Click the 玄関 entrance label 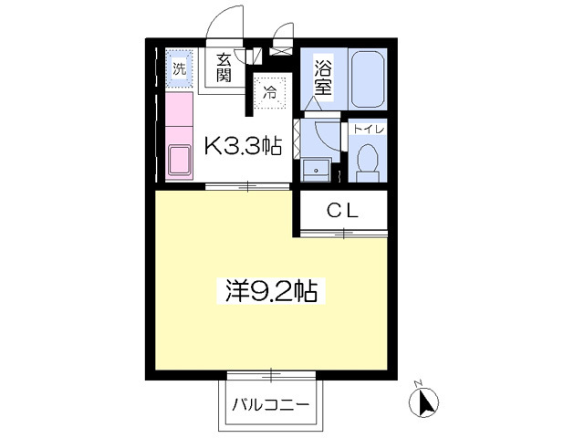(224, 68)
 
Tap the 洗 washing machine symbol (179, 68)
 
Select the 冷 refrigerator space (270, 92)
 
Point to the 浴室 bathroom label (322, 78)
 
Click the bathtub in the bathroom (368, 78)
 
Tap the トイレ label (368, 130)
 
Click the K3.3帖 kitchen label (243, 146)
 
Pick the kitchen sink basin (180, 161)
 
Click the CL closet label (342, 211)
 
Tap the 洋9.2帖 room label (271, 291)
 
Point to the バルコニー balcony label (271, 404)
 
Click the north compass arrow (423, 402)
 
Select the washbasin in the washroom (317, 170)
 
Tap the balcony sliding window (271, 375)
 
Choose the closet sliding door (343, 234)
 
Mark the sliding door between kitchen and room (247, 186)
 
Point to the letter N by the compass (417, 382)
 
